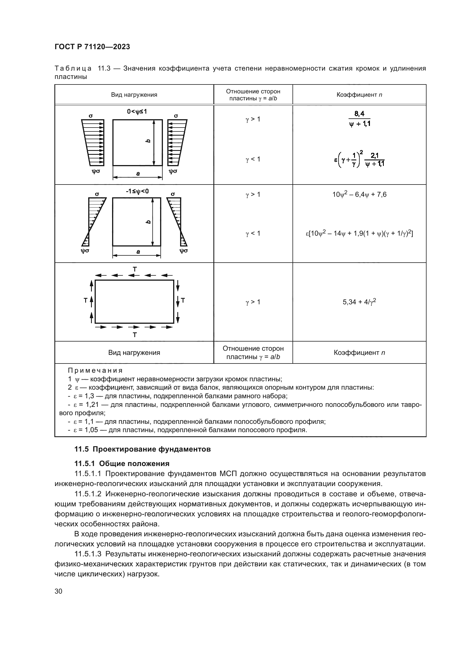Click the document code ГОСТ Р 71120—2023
(x=92, y=47)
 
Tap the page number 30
(x=59, y=591)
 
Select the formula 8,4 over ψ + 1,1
(x=359, y=119)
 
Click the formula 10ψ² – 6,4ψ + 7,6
(x=359, y=195)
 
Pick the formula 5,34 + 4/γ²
(x=359, y=302)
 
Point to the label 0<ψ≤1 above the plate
(x=137, y=112)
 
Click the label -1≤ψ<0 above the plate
(x=137, y=191)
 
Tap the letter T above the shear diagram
(x=135, y=269)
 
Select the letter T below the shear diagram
(x=135, y=335)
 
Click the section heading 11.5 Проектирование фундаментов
(x=142, y=449)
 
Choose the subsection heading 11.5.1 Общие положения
(x=122, y=464)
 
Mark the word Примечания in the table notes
(x=95, y=371)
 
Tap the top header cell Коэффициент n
(x=359, y=95)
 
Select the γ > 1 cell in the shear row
(x=253, y=302)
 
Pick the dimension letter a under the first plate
(x=138, y=174)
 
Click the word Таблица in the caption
(x=73, y=69)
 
